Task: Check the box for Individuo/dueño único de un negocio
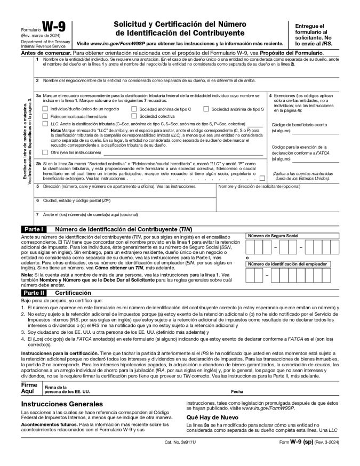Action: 45,109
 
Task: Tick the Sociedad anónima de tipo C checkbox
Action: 134,109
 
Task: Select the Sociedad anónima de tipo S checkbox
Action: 206,109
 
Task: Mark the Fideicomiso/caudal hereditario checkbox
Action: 45,116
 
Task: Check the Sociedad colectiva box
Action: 134,116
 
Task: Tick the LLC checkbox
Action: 45,123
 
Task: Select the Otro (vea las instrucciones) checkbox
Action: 45,152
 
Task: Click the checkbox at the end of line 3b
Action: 262,178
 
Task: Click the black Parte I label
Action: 34,229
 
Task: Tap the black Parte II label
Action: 34,293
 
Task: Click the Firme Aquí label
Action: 29,388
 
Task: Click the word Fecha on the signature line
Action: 237,391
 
